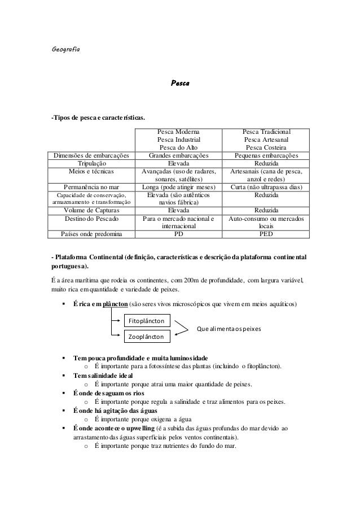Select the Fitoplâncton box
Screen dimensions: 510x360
point(147,321)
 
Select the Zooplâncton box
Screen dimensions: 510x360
point(147,337)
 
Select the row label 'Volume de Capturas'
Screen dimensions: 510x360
point(91,209)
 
